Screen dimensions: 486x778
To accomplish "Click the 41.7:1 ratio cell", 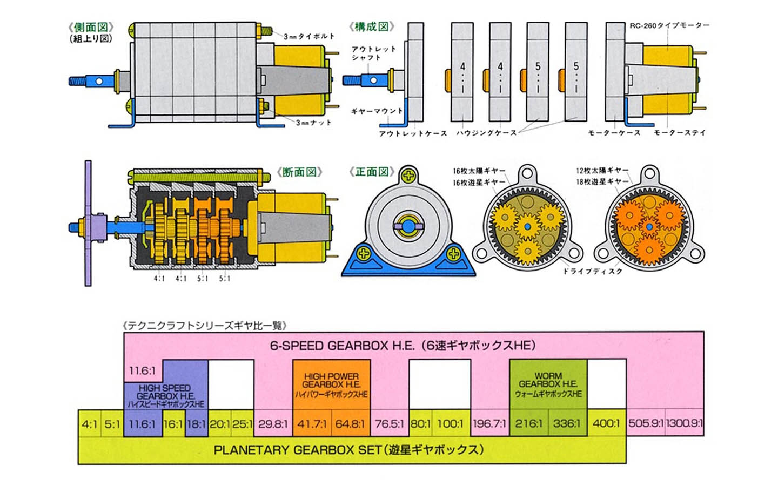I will pyautogui.click(x=312, y=424).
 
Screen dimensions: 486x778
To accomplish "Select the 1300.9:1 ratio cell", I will pyautogui.click(x=684, y=424).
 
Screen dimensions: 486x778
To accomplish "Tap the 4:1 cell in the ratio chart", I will pyautogui.click(x=89, y=424).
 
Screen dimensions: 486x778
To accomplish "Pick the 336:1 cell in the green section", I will pyautogui.click(x=567, y=424).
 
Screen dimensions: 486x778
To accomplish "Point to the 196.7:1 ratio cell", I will pyautogui.click(x=489, y=424).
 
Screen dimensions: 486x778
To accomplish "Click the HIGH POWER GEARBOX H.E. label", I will pyautogui.click(x=331, y=384).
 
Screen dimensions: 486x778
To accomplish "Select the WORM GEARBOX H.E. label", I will pyautogui.click(x=548, y=384).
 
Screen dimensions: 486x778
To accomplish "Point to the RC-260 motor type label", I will pyautogui.click(x=669, y=25).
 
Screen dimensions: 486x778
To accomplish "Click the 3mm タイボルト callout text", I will pyautogui.click(x=309, y=36).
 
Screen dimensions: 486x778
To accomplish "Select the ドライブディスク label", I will pyautogui.click(x=592, y=271).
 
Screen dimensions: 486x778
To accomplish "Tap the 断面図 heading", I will pyautogui.click(x=299, y=172).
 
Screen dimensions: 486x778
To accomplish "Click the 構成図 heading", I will pyautogui.click(x=372, y=26).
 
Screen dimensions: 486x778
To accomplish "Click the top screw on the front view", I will pyautogui.click(x=410, y=175).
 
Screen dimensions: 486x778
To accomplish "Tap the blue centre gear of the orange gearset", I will pyautogui.click(x=649, y=227).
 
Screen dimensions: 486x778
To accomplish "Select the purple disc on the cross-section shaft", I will pyautogui.click(x=88, y=222).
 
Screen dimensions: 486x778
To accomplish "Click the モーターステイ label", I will pyautogui.click(x=679, y=132).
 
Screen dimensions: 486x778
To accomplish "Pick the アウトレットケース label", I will pyautogui.click(x=413, y=133).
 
